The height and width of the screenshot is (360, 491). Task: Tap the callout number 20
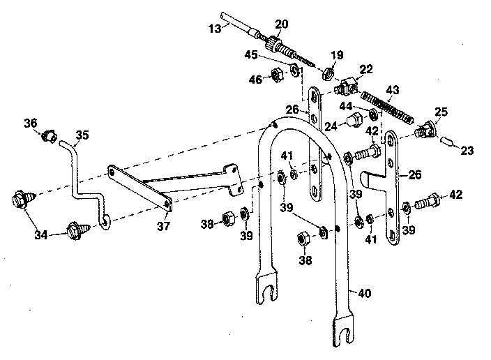point(280,24)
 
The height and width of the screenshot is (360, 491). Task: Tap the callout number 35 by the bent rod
point(82,135)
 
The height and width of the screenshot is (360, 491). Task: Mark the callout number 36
point(30,123)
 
